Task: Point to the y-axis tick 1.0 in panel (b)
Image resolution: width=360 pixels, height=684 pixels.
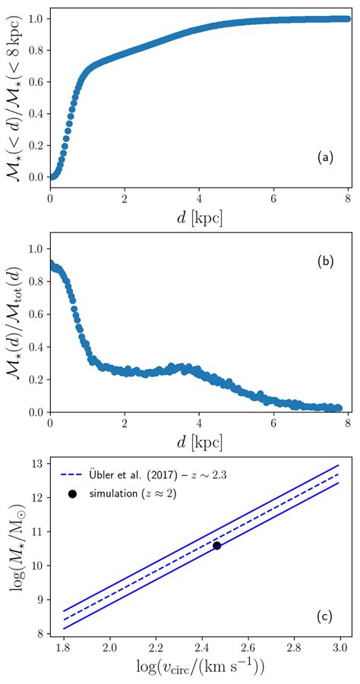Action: (x=34, y=248)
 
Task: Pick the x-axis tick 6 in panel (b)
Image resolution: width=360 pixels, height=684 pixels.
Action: (x=273, y=423)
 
